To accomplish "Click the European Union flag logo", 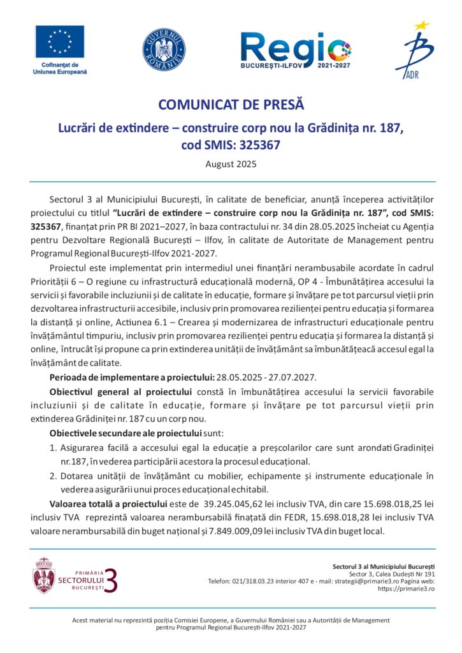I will click(59, 41).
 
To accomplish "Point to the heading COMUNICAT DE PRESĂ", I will click(231, 105).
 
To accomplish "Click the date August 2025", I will click(231, 164).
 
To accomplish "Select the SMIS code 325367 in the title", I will click(257, 145).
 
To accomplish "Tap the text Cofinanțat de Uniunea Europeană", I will click(59, 68).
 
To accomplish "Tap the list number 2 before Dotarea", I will click(53, 476).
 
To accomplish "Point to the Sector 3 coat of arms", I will click(43, 575).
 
